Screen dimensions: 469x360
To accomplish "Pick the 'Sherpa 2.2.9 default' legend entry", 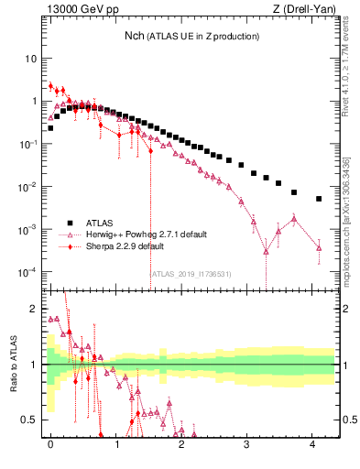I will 125,246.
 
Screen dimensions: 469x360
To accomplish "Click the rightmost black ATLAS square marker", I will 319,199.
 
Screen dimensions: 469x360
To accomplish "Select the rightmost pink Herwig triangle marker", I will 319,247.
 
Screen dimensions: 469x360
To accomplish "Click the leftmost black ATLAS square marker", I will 50,128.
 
